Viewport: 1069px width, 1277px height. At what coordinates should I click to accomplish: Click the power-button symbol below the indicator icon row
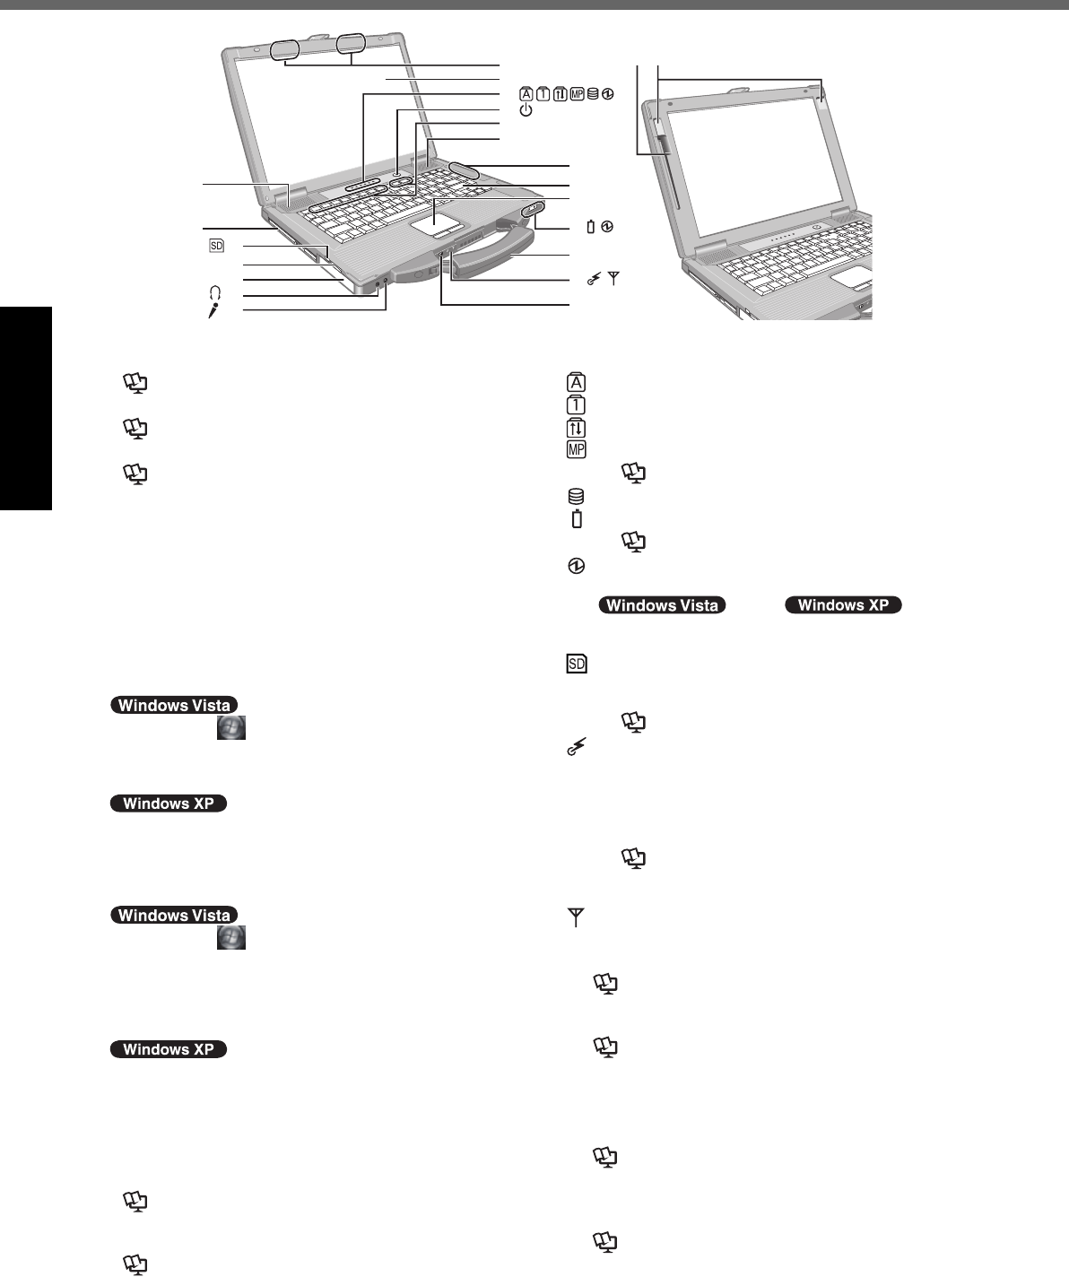click(x=526, y=110)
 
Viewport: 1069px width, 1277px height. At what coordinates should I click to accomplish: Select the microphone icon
click(x=213, y=310)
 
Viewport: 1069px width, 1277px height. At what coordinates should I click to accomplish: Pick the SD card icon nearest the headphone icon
click(x=215, y=245)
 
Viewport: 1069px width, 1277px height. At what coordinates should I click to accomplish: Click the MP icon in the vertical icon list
click(x=576, y=449)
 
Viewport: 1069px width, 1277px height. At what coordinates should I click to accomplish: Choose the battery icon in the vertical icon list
click(x=577, y=518)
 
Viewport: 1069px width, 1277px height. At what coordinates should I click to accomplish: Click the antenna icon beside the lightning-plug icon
click(x=614, y=279)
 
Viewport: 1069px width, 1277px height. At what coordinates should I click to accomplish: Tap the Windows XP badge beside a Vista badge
click(x=843, y=605)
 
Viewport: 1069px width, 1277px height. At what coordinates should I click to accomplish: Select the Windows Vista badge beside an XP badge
click(x=662, y=605)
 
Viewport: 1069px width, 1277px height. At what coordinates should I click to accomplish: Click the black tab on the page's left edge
click(x=26, y=408)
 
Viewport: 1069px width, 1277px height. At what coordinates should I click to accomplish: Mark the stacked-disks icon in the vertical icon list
click(x=576, y=496)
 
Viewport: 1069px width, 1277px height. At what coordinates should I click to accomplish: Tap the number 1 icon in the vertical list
click(x=576, y=405)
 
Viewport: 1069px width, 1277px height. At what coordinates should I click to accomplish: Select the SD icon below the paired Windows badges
click(x=576, y=665)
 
